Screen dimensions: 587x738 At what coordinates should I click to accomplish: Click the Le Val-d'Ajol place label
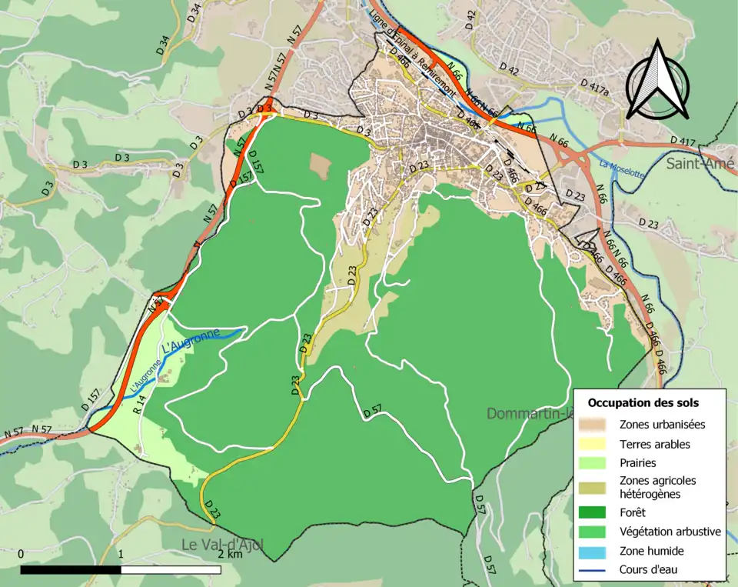(x=223, y=545)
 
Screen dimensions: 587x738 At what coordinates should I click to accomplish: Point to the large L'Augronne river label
(x=191, y=342)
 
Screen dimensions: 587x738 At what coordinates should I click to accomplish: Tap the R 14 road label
(x=139, y=405)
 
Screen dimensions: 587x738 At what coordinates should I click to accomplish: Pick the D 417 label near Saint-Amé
(x=683, y=142)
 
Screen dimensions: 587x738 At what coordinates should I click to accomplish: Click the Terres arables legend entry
(x=654, y=444)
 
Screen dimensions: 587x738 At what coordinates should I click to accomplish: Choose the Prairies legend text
(x=637, y=463)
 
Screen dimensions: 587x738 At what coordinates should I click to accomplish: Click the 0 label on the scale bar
(x=21, y=554)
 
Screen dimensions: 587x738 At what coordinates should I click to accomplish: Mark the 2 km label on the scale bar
(x=230, y=554)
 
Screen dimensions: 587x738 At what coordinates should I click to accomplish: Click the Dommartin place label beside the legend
(x=530, y=414)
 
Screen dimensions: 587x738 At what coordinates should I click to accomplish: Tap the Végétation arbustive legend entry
(x=670, y=531)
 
